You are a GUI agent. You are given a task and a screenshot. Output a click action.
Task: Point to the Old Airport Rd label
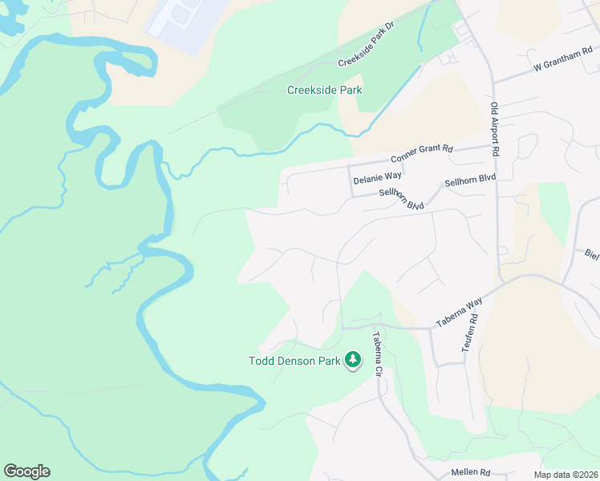(x=496, y=128)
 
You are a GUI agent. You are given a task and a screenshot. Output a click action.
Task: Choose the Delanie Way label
(x=377, y=176)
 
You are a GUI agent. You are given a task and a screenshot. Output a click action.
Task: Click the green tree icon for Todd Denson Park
(x=352, y=361)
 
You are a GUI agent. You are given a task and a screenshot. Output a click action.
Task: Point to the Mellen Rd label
(x=470, y=473)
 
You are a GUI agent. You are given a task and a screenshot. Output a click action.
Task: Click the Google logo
(x=26, y=471)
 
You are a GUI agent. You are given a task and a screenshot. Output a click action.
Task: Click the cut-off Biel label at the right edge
(x=592, y=255)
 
